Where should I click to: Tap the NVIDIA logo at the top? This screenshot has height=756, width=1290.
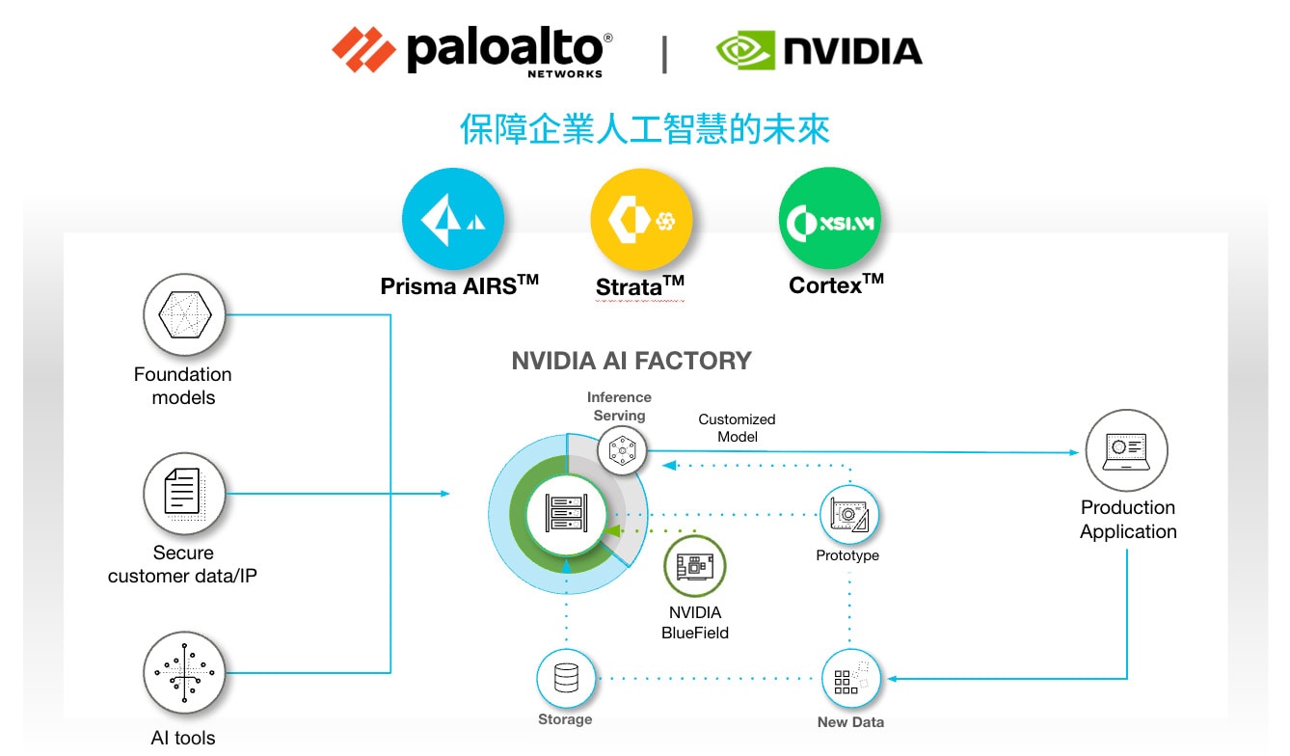click(819, 50)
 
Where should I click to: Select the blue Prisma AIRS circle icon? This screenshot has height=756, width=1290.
click(453, 219)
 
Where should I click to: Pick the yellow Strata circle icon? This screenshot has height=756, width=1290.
click(640, 221)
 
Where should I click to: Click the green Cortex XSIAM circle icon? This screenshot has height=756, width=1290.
click(828, 221)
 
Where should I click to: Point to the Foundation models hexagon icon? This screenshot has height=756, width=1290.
click(184, 315)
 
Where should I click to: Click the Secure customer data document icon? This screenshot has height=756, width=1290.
click(184, 494)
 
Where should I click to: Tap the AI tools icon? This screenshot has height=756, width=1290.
click(184, 673)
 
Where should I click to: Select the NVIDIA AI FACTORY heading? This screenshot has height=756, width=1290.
click(631, 362)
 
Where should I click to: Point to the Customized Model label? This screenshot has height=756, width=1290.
click(737, 428)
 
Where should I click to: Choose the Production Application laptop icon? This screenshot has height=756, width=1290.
click(1126, 450)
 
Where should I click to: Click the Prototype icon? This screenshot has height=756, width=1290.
click(848, 515)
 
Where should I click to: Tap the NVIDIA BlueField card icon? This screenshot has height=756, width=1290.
click(694, 567)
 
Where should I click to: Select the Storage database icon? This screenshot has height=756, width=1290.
click(565, 679)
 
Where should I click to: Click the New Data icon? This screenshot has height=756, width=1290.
click(850, 680)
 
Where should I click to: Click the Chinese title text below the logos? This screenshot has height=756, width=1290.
click(644, 129)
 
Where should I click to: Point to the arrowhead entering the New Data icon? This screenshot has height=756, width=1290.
click(892, 679)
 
